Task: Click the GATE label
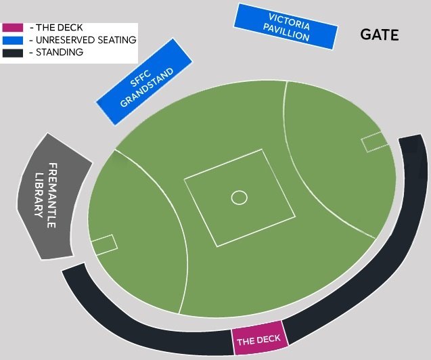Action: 380,35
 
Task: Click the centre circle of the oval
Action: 239,198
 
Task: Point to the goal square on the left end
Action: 104,244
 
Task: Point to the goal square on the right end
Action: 373,142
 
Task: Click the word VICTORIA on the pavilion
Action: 290,21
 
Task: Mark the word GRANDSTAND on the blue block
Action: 148,88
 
